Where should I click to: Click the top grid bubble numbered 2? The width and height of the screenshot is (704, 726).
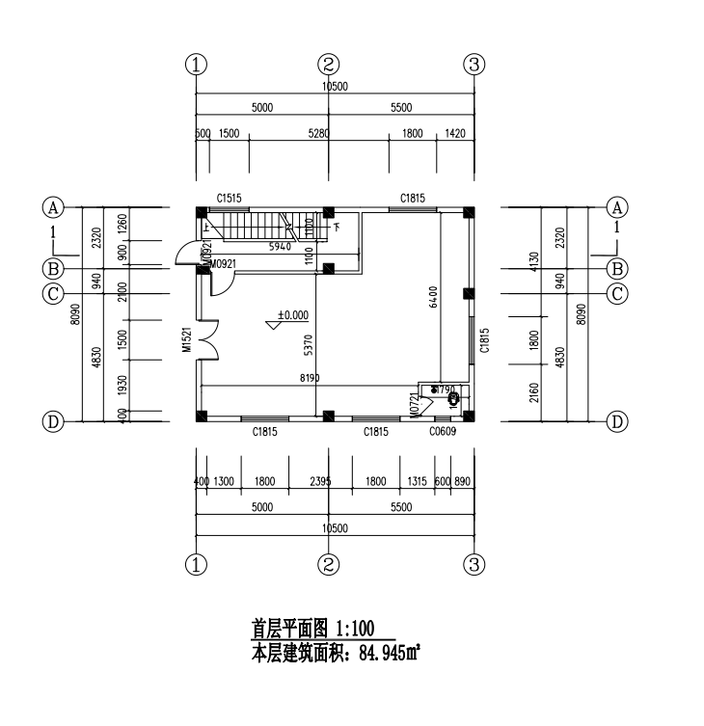coord(329,65)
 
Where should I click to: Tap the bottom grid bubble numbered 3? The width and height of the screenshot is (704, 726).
coord(474,564)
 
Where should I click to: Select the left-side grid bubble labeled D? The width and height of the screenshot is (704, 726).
coord(53,421)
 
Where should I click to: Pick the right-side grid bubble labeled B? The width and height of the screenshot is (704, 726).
coord(617,268)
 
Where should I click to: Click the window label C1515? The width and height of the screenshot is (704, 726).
coord(229,198)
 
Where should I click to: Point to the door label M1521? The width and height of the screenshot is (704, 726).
coord(189,340)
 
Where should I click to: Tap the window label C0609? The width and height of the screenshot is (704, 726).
coord(444,433)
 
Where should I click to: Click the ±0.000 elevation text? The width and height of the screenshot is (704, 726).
coord(292,314)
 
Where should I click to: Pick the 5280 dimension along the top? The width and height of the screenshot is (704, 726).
coord(317,134)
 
